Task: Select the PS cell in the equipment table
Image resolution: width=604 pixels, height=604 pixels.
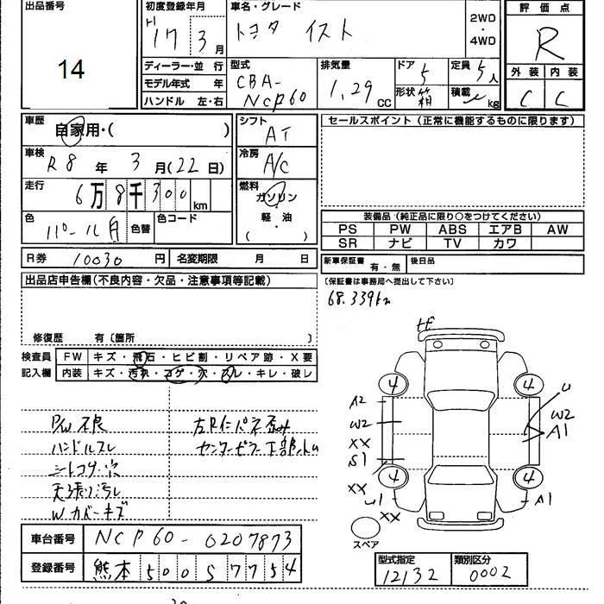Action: tap(348, 230)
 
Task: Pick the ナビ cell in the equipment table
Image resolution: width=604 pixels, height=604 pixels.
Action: tap(399, 243)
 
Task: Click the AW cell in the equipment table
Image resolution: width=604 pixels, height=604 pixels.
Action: tap(557, 230)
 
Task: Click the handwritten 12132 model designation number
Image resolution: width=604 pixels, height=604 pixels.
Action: tap(409, 574)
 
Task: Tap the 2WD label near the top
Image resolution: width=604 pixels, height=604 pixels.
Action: tap(483, 18)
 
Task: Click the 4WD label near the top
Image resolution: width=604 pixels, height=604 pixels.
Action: tap(483, 41)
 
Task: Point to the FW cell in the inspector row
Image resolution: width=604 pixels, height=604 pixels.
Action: tap(72, 357)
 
